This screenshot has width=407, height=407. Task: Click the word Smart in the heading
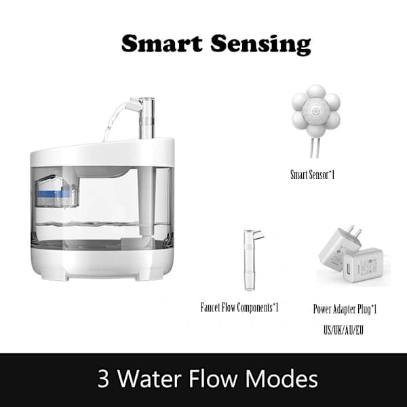[161, 43]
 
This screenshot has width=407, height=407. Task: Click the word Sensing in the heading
[260, 45]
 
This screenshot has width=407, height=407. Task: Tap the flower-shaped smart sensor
[315, 112]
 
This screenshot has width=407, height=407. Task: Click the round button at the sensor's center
[315, 111]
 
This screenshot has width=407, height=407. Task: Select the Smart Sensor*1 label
[312, 175]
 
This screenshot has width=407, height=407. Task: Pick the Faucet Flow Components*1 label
[239, 307]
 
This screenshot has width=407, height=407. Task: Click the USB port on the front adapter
[347, 269]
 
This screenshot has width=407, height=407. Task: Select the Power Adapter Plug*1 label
[345, 309]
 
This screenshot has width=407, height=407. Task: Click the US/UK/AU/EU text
[343, 330]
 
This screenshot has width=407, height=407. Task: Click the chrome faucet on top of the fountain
[147, 117]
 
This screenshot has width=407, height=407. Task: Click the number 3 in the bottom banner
[103, 379]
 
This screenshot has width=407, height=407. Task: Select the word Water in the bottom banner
[149, 378]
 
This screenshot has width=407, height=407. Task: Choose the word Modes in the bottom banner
[282, 378]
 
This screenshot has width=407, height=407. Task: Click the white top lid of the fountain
[102, 154]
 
